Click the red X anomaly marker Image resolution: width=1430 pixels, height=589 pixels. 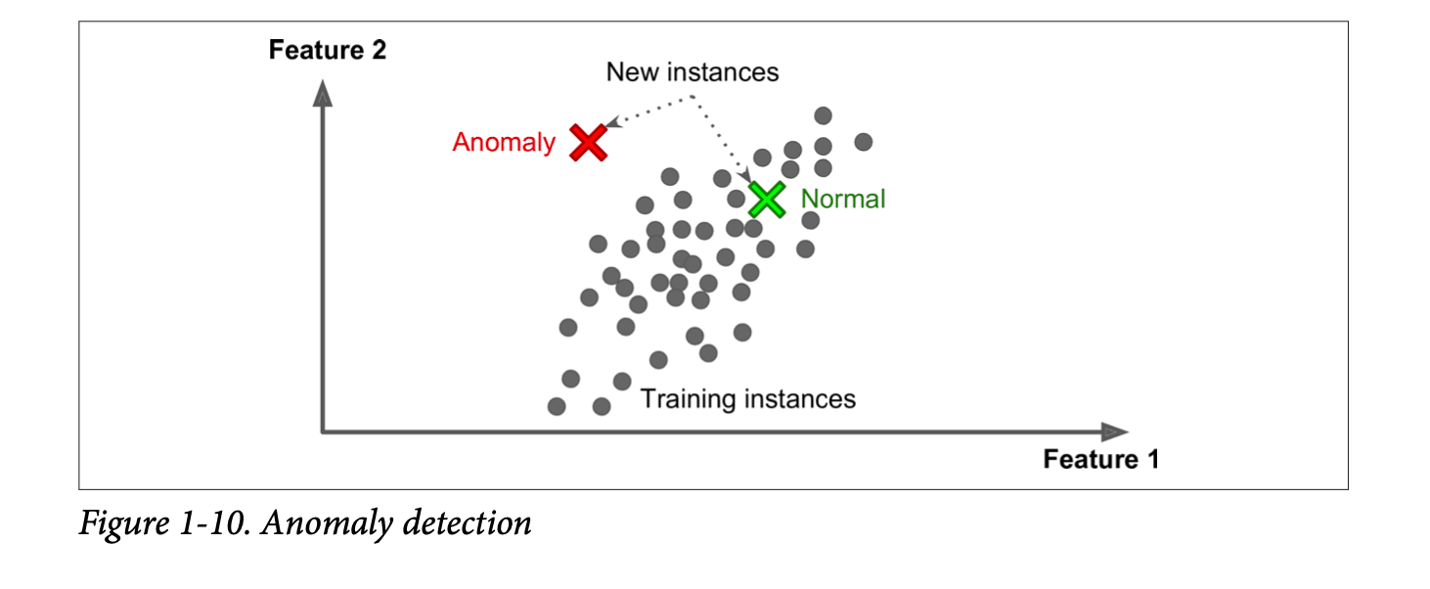(x=589, y=143)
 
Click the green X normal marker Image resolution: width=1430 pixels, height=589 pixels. (x=767, y=200)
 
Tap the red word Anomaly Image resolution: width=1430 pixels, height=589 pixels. (x=503, y=143)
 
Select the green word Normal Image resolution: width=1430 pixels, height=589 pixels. (x=842, y=200)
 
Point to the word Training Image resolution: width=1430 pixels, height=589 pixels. (x=688, y=399)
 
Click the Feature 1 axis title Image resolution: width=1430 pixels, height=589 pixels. (x=1100, y=460)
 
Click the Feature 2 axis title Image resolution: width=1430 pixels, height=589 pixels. (x=327, y=51)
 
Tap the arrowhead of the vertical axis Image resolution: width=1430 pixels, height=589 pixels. (x=322, y=93)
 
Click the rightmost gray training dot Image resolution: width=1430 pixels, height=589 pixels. (x=863, y=142)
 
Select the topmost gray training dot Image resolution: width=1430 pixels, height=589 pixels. (x=823, y=115)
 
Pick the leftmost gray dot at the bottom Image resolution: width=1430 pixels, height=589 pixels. (x=557, y=406)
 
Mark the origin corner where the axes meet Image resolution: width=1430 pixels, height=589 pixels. (x=322, y=431)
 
